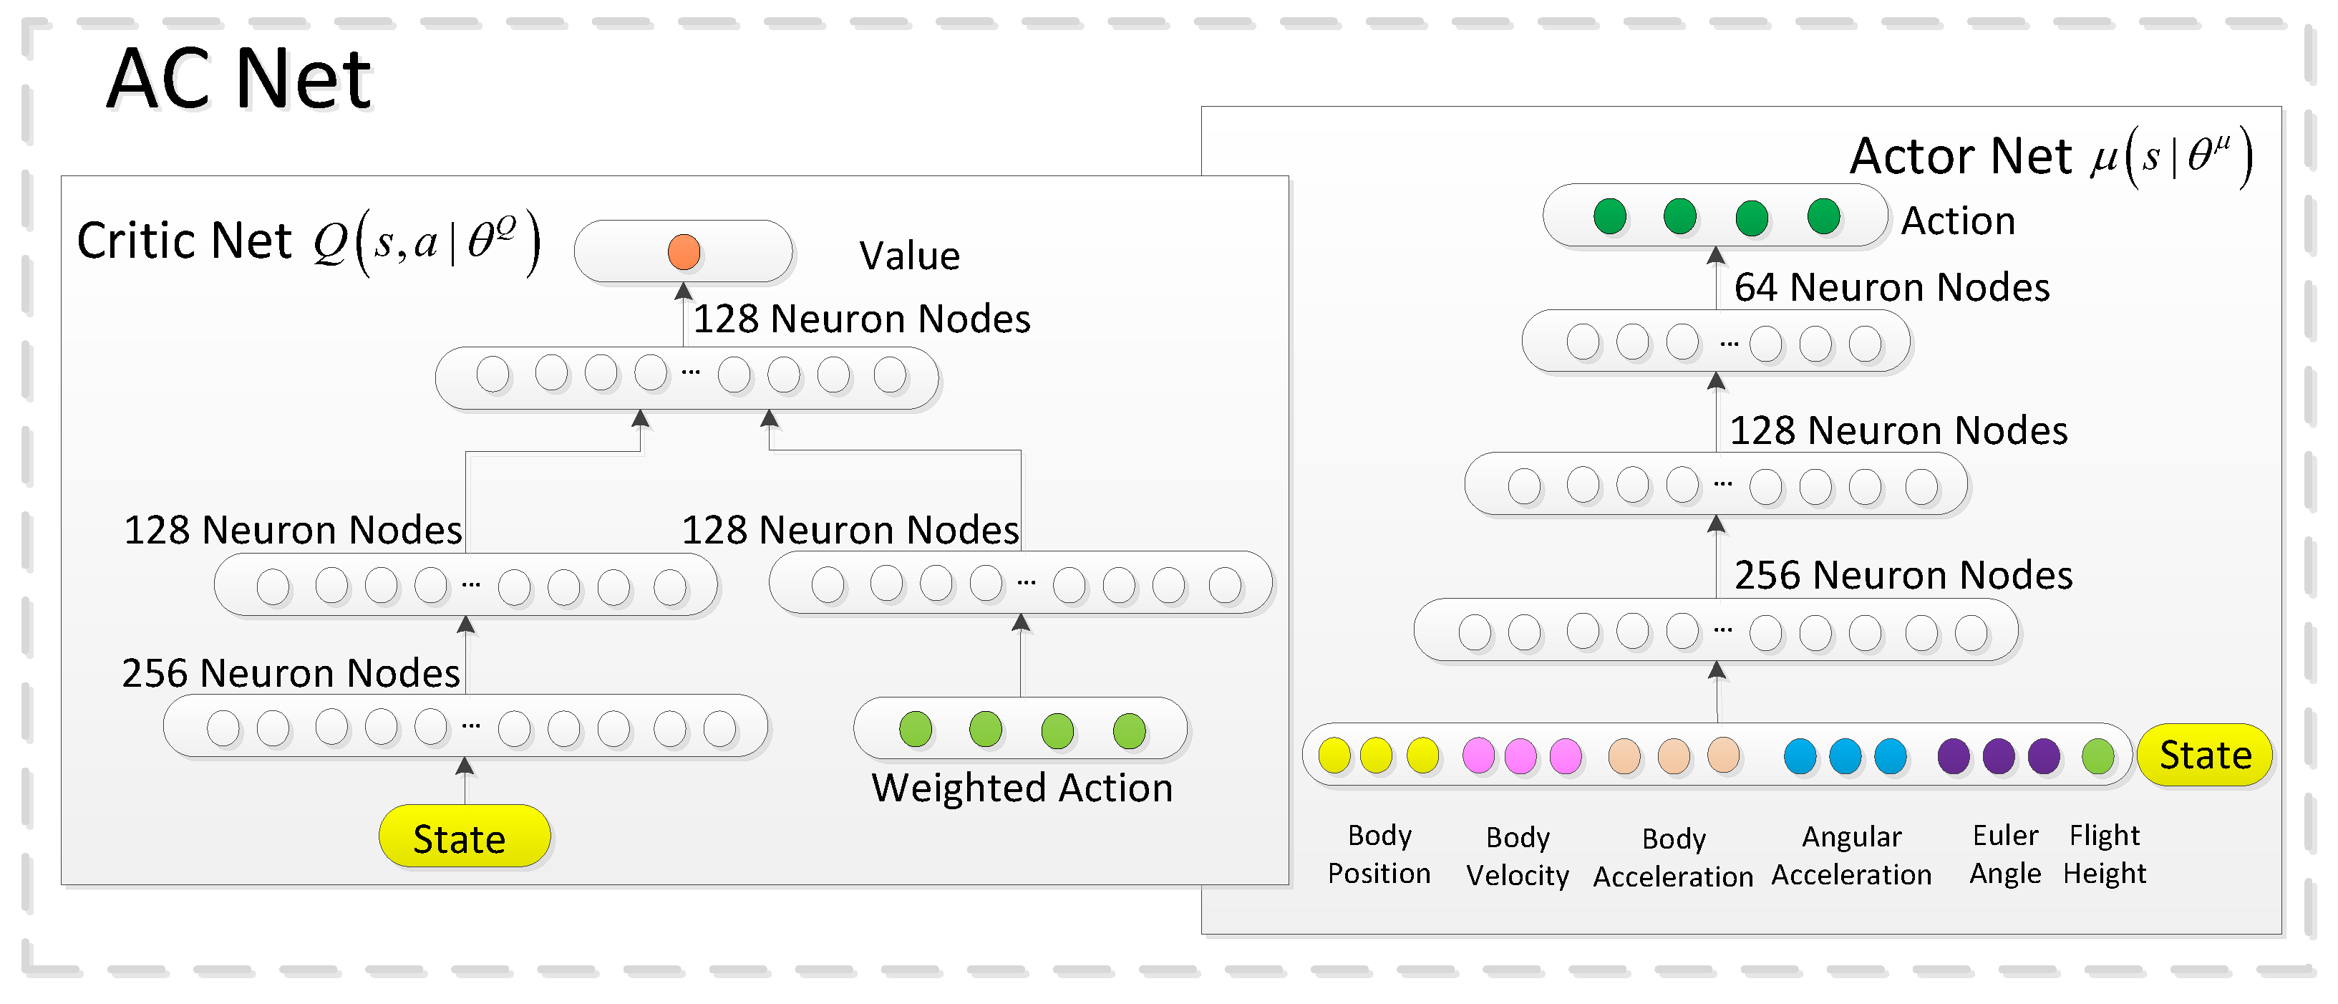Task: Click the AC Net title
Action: coord(238,80)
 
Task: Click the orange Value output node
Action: coord(684,251)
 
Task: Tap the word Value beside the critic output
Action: coord(908,256)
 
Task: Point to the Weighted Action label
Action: coord(1022,787)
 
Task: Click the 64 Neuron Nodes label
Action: coord(1891,287)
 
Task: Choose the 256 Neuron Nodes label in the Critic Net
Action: coord(291,672)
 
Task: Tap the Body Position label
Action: coord(1379,854)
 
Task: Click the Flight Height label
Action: coord(2104,854)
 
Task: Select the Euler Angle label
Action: coord(2005,854)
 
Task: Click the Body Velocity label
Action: coord(1517,855)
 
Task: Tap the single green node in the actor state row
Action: coord(2097,756)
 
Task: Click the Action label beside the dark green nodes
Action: coord(1958,221)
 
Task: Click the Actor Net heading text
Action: coord(1961,156)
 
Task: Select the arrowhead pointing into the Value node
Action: coord(684,291)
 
